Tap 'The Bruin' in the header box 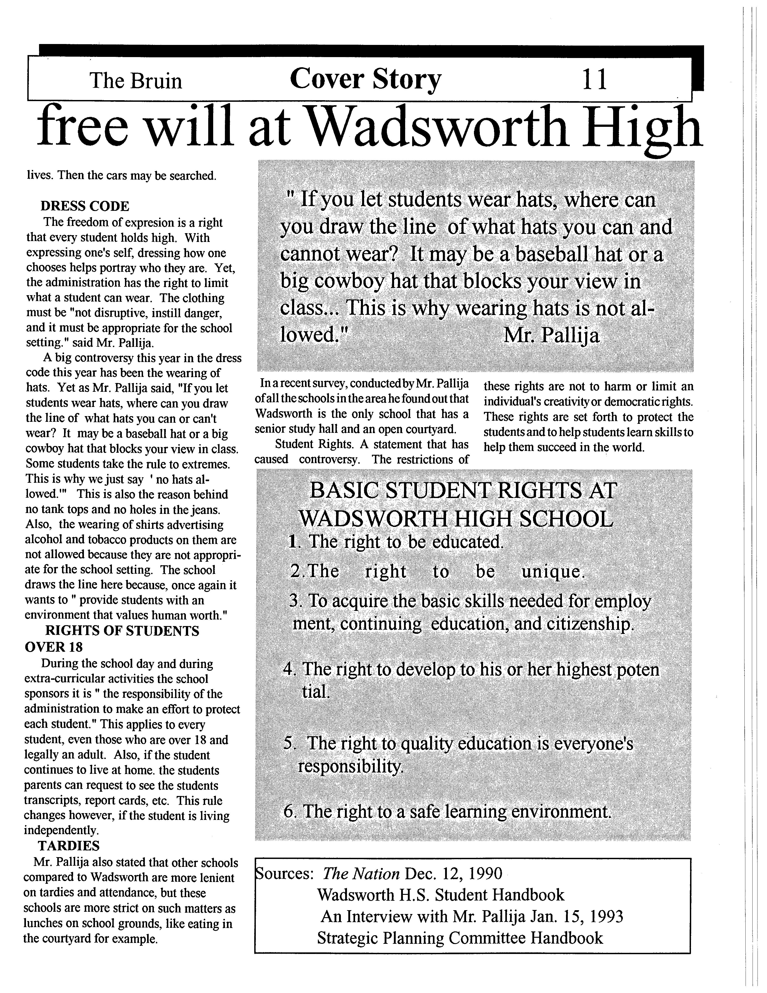tap(136, 81)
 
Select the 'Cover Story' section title tap(365, 80)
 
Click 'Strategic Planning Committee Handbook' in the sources tap(460, 938)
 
